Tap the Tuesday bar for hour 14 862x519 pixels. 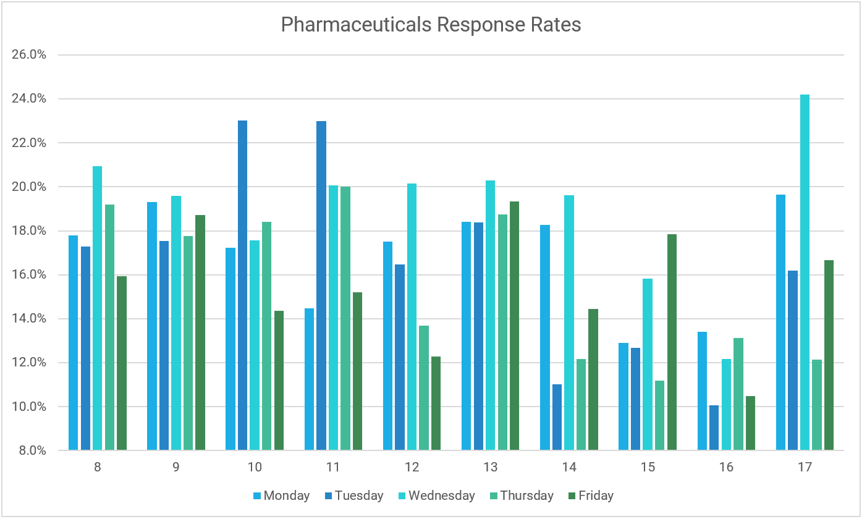(557, 417)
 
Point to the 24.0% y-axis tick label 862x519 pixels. (29, 99)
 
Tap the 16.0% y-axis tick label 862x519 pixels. (29, 275)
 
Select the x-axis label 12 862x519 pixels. (412, 468)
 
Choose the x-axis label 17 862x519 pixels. (805, 468)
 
